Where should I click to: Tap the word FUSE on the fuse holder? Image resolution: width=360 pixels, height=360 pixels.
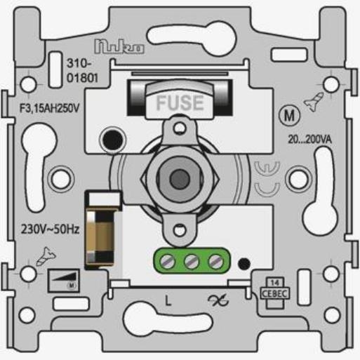pos(179,102)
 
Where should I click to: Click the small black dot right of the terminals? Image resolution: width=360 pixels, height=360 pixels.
pos(243,265)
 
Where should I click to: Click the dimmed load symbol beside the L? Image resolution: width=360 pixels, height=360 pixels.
pos(211,300)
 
